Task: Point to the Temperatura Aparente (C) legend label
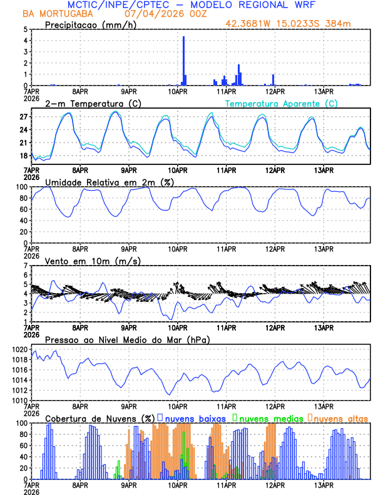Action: [x=282, y=103]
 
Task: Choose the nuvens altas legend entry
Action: [x=340, y=417]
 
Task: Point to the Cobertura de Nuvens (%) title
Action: [x=100, y=417]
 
